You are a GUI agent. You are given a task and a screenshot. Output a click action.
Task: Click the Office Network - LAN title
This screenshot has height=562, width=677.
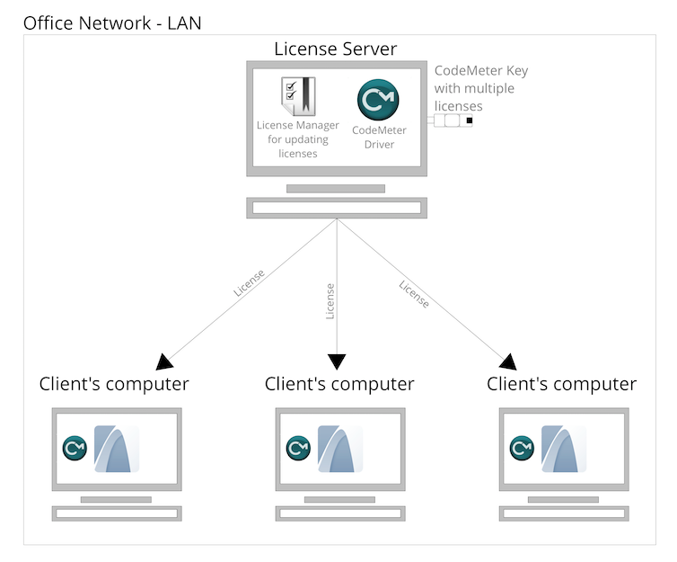[x=112, y=22]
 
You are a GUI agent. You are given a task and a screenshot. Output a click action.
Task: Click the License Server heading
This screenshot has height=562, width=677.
[x=335, y=49]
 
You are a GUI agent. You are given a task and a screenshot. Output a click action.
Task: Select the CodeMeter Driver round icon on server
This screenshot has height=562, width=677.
[x=378, y=100]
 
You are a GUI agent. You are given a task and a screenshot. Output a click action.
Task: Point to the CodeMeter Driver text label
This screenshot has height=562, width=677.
[x=379, y=138]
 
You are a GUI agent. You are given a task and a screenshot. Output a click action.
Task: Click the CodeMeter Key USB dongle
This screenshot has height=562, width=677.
[x=453, y=120]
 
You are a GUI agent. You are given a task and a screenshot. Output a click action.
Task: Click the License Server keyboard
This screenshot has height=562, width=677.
[x=336, y=208]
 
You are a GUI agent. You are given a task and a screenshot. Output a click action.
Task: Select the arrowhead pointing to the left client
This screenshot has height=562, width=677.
[x=164, y=361]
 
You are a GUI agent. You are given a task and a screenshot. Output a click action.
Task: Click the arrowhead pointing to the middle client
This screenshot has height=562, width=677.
[x=337, y=361]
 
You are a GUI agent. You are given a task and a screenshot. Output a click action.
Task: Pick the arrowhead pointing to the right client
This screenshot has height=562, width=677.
[x=508, y=361]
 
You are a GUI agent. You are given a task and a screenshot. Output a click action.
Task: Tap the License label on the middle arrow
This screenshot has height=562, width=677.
[x=330, y=301]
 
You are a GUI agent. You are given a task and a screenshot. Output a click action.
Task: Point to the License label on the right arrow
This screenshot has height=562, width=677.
[x=414, y=294]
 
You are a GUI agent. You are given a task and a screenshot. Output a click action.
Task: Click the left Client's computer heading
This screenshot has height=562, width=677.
[x=114, y=385]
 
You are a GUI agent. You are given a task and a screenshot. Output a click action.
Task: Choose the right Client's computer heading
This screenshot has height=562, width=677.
[x=562, y=385]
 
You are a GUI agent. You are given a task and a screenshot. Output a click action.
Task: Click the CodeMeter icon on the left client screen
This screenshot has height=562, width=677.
[x=74, y=447]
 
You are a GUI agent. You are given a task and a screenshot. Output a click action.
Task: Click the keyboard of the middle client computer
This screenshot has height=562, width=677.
[x=339, y=513]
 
